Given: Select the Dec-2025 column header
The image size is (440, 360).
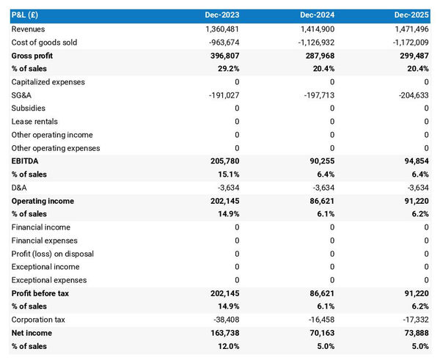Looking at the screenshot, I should click(411, 15).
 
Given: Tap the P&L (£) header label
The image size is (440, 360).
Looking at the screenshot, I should click(26, 15).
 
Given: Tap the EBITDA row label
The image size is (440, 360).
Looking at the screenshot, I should click(26, 161).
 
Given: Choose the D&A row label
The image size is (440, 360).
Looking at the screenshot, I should click(19, 187).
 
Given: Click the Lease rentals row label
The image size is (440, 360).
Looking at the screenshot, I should click(34, 121).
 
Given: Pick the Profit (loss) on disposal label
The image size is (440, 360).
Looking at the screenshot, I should click(53, 253).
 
